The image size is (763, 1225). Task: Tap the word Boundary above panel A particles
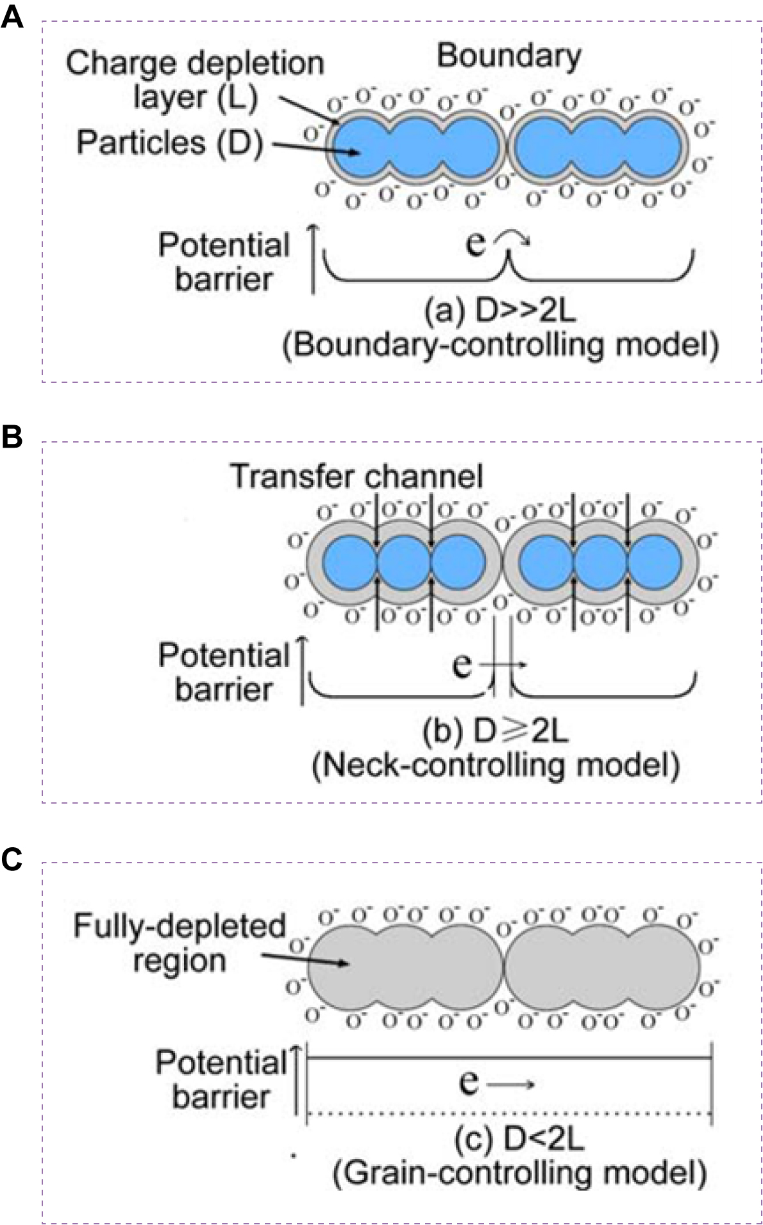508,57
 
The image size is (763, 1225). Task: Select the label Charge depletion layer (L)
195,81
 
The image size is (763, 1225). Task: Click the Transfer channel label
356,476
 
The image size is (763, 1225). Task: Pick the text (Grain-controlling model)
519,1173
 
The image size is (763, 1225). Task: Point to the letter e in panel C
469,1083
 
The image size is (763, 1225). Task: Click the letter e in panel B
462,665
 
